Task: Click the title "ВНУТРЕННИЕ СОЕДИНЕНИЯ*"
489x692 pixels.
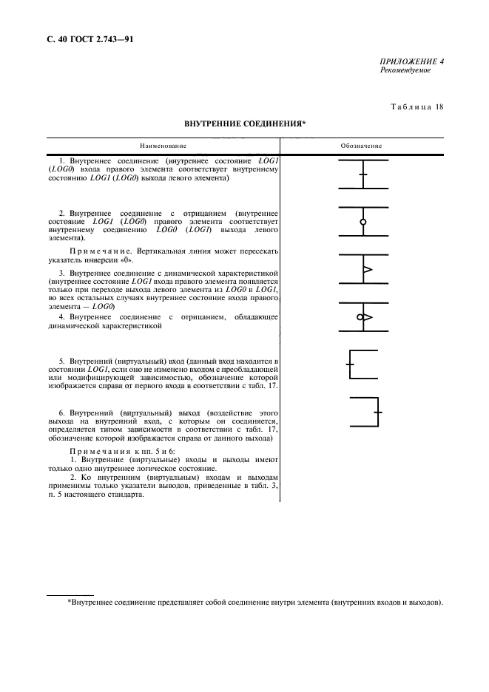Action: tap(244, 126)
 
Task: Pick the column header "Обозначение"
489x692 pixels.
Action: tap(361, 146)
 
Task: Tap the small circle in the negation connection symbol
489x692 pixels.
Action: tap(362, 222)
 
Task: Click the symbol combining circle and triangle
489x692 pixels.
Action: tap(363, 317)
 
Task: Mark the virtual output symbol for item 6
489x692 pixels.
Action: tap(364, 410)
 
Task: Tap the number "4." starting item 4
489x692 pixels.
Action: tap(62, 317)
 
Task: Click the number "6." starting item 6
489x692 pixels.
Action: tap(62, 410)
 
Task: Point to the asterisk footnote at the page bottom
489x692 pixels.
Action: tap(255, 603)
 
